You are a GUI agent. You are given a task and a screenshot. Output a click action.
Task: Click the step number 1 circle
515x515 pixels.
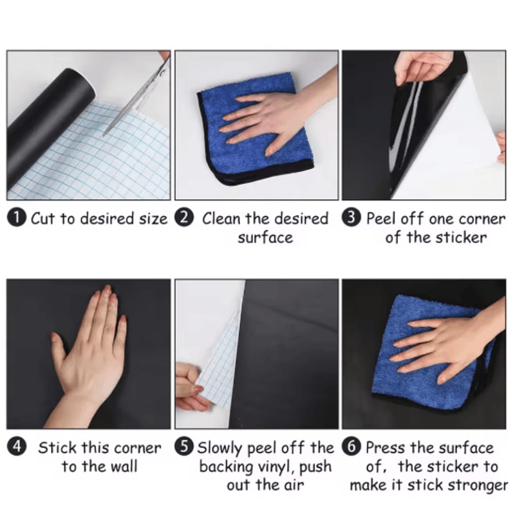click(17, 218)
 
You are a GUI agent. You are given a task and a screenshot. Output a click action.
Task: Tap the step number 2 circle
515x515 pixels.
click(185, 218)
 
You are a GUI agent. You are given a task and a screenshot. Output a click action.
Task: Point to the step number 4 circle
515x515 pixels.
click(17, 447)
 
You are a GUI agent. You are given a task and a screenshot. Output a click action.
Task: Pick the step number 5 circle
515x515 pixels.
click(186, 447)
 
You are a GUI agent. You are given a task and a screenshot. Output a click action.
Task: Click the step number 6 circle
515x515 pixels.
click(353, 447)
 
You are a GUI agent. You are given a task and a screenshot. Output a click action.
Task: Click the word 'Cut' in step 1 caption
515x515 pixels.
click(44, 219)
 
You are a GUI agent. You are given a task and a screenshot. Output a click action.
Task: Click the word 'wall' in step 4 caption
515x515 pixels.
click(122, 466)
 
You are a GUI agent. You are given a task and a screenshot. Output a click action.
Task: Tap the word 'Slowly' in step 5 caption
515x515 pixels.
click(219, 447)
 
